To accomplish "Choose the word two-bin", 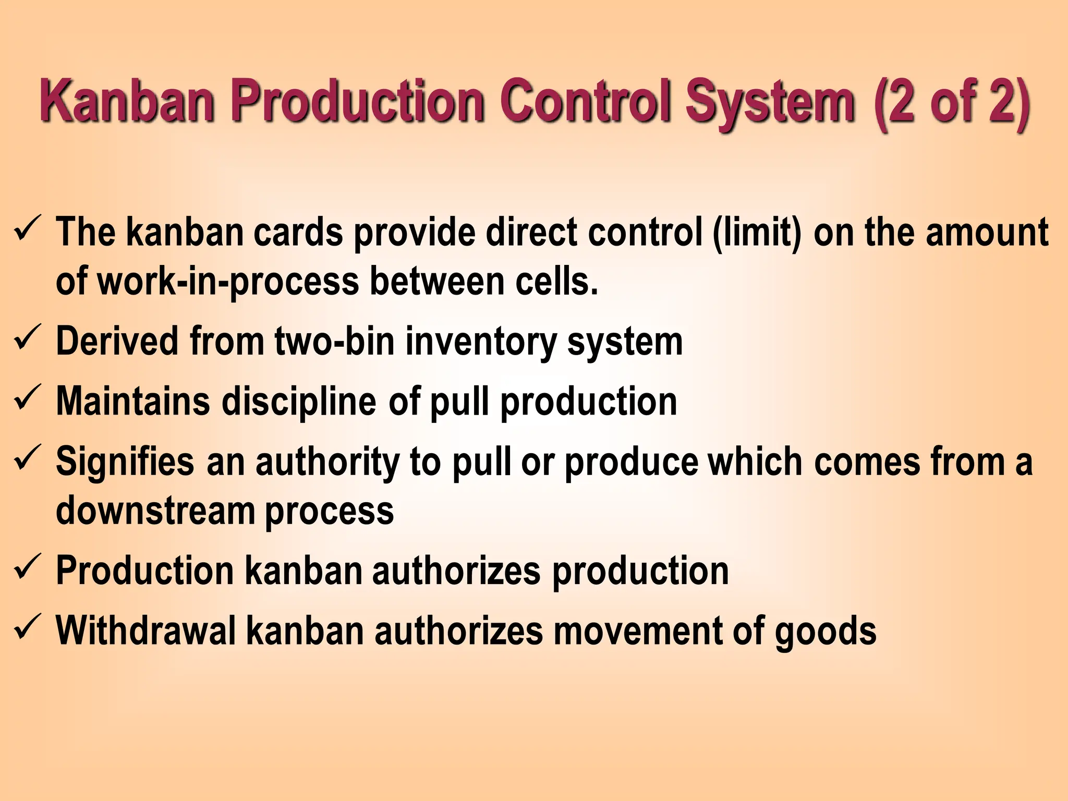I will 334,342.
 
